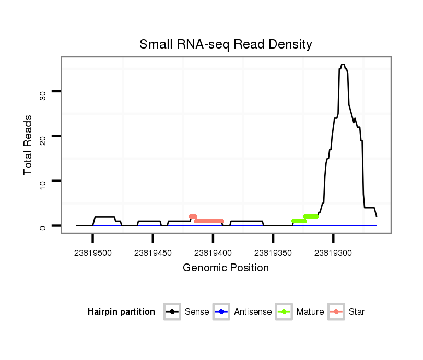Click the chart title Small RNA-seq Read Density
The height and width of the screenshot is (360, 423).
coord(226,44)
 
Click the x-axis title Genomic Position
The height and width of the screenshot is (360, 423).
coord(226,268)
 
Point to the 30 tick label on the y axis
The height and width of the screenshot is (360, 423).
coord(43,94)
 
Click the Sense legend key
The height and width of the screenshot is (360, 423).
coord(172,312)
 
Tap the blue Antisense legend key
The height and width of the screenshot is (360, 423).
coord(221,312)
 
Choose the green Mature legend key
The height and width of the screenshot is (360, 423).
coord(284,312)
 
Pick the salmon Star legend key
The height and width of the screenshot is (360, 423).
coord(336,312)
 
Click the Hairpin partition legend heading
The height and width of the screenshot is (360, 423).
coord(121,312)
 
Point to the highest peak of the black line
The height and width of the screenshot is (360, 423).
coord(343,65)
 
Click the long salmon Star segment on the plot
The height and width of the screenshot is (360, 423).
coord(209,221)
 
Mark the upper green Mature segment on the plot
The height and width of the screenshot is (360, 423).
coord(311,217)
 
